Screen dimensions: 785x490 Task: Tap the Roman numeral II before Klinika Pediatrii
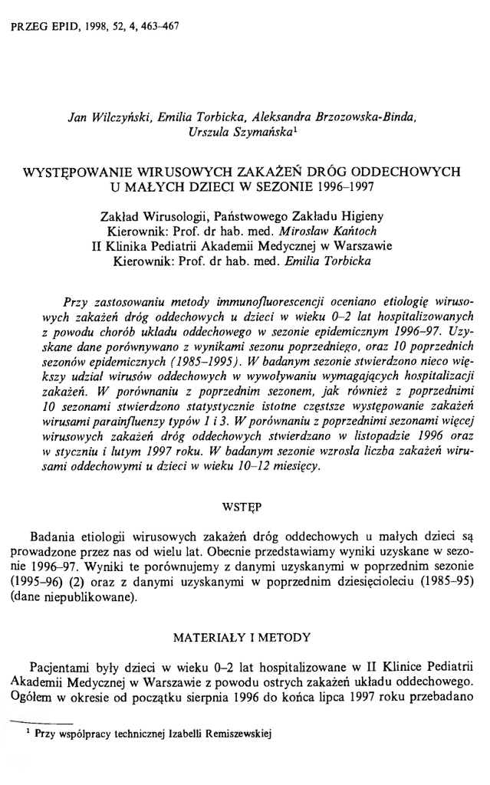[97, 246]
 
